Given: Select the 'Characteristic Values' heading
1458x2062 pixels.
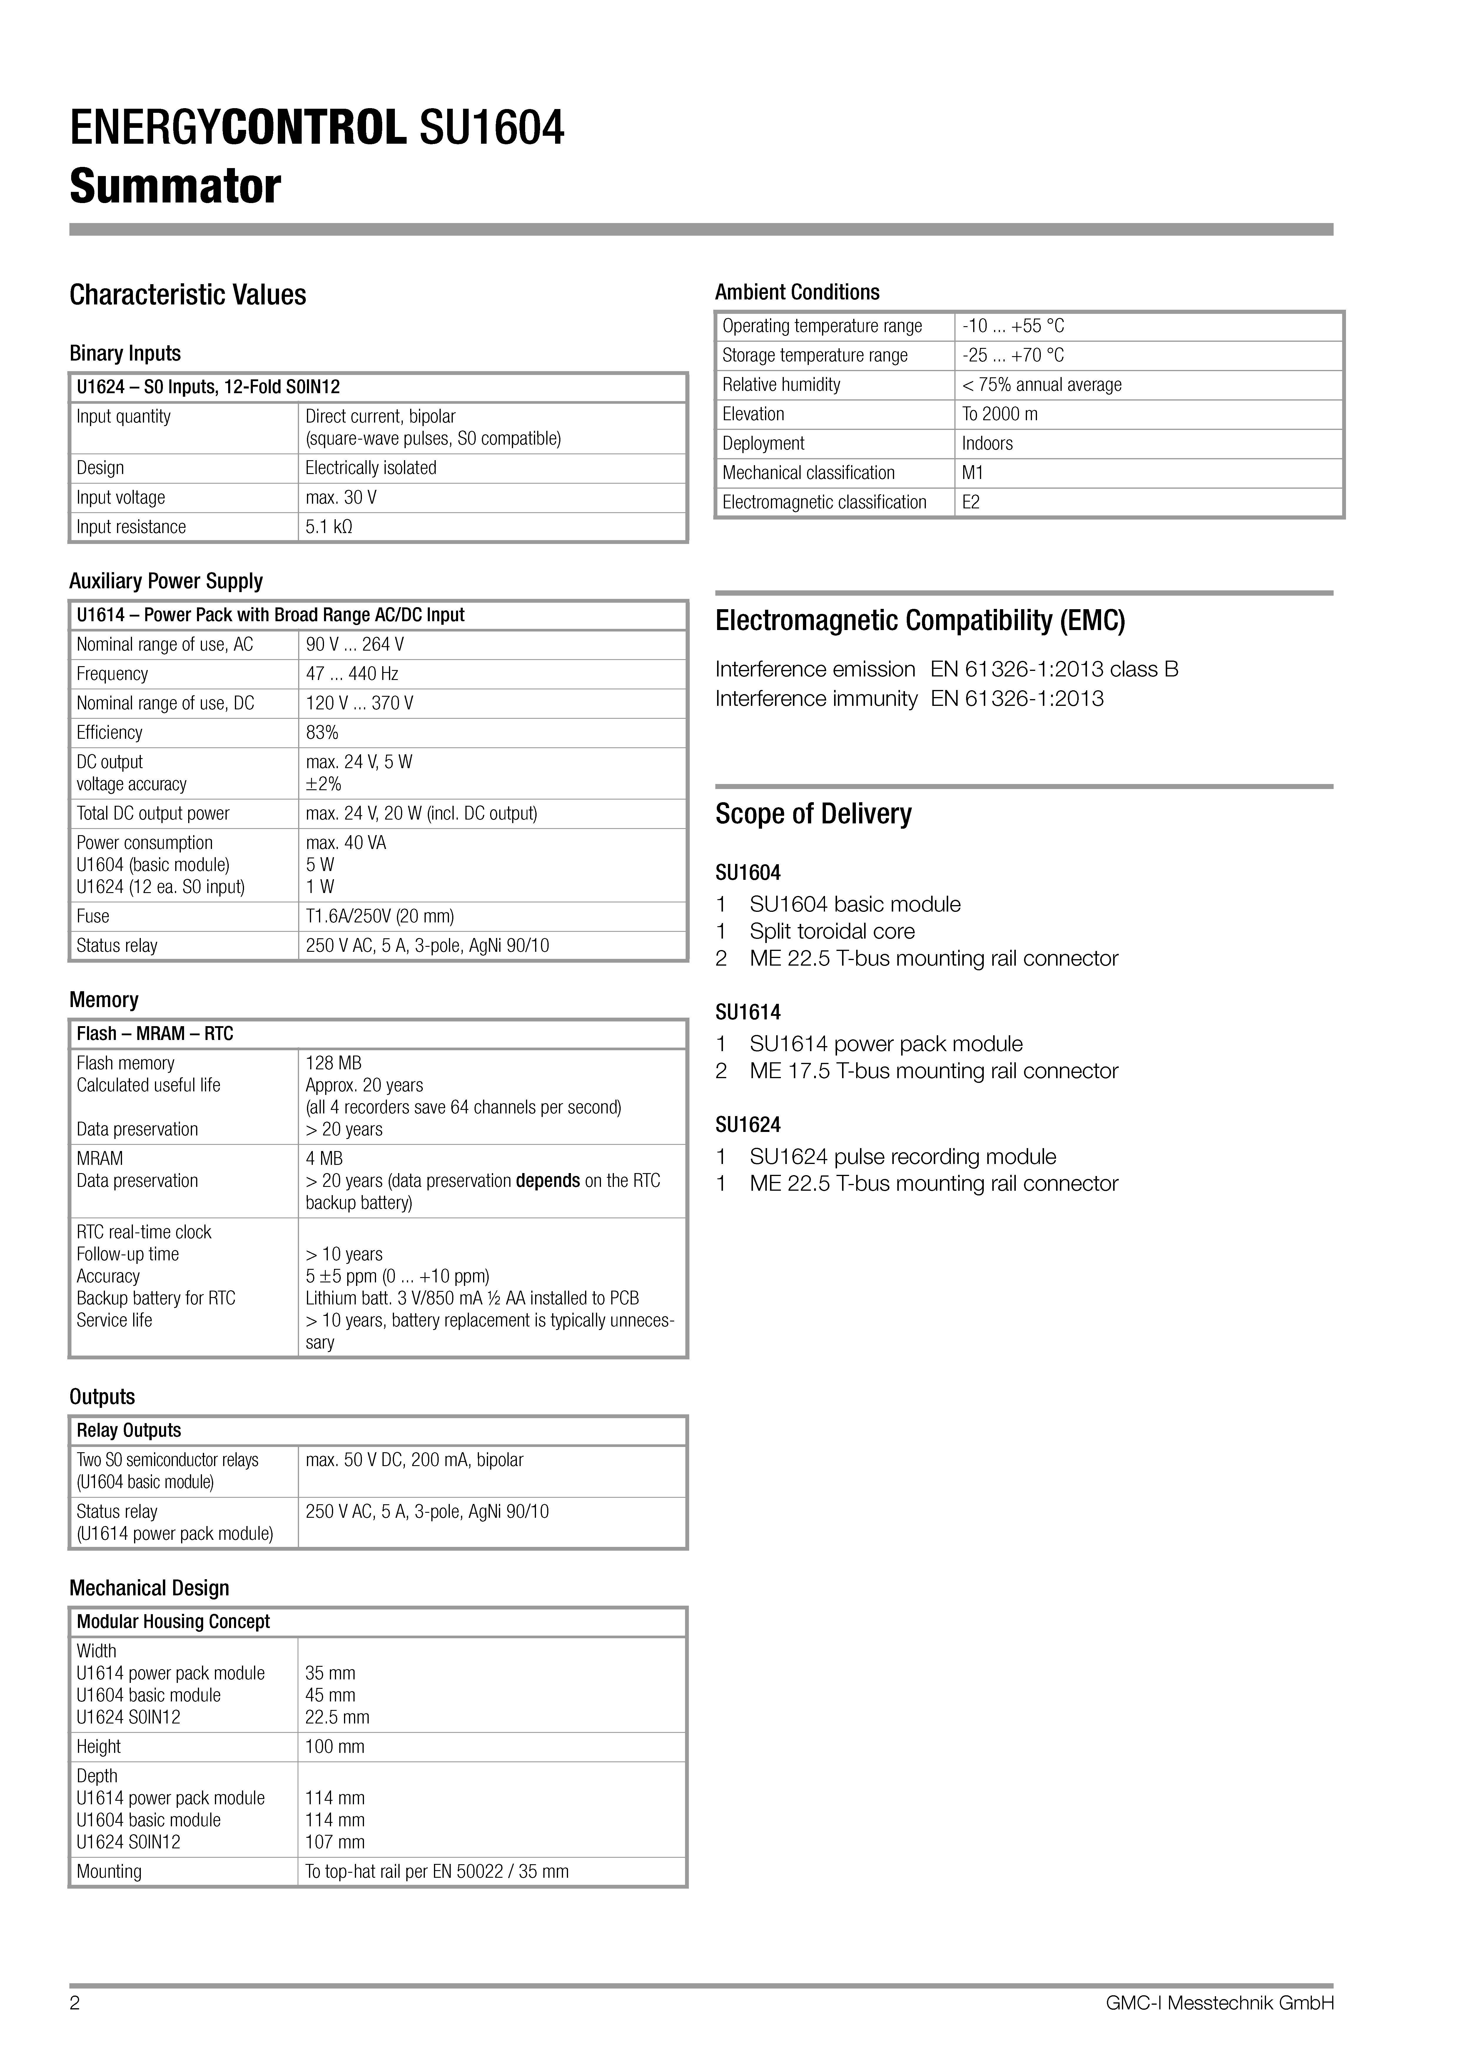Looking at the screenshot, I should tap(188, 294).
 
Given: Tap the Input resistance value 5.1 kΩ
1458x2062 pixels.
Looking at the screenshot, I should tap(329, 527).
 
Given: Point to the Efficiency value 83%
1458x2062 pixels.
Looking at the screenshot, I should tap(322, 733).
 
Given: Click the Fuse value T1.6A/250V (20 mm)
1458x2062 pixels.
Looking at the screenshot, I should tap(379, 916).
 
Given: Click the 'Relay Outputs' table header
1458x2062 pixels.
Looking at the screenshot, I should tap(128, 1431).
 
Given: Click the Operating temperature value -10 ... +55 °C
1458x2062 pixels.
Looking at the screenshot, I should tap(1012, 326).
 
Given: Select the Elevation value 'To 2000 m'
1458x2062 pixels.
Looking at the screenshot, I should tap(999, 414).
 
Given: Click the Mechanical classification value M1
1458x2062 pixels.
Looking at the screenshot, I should tap(972, 473).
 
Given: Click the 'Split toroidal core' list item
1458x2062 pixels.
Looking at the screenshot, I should tap(832, 931).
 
